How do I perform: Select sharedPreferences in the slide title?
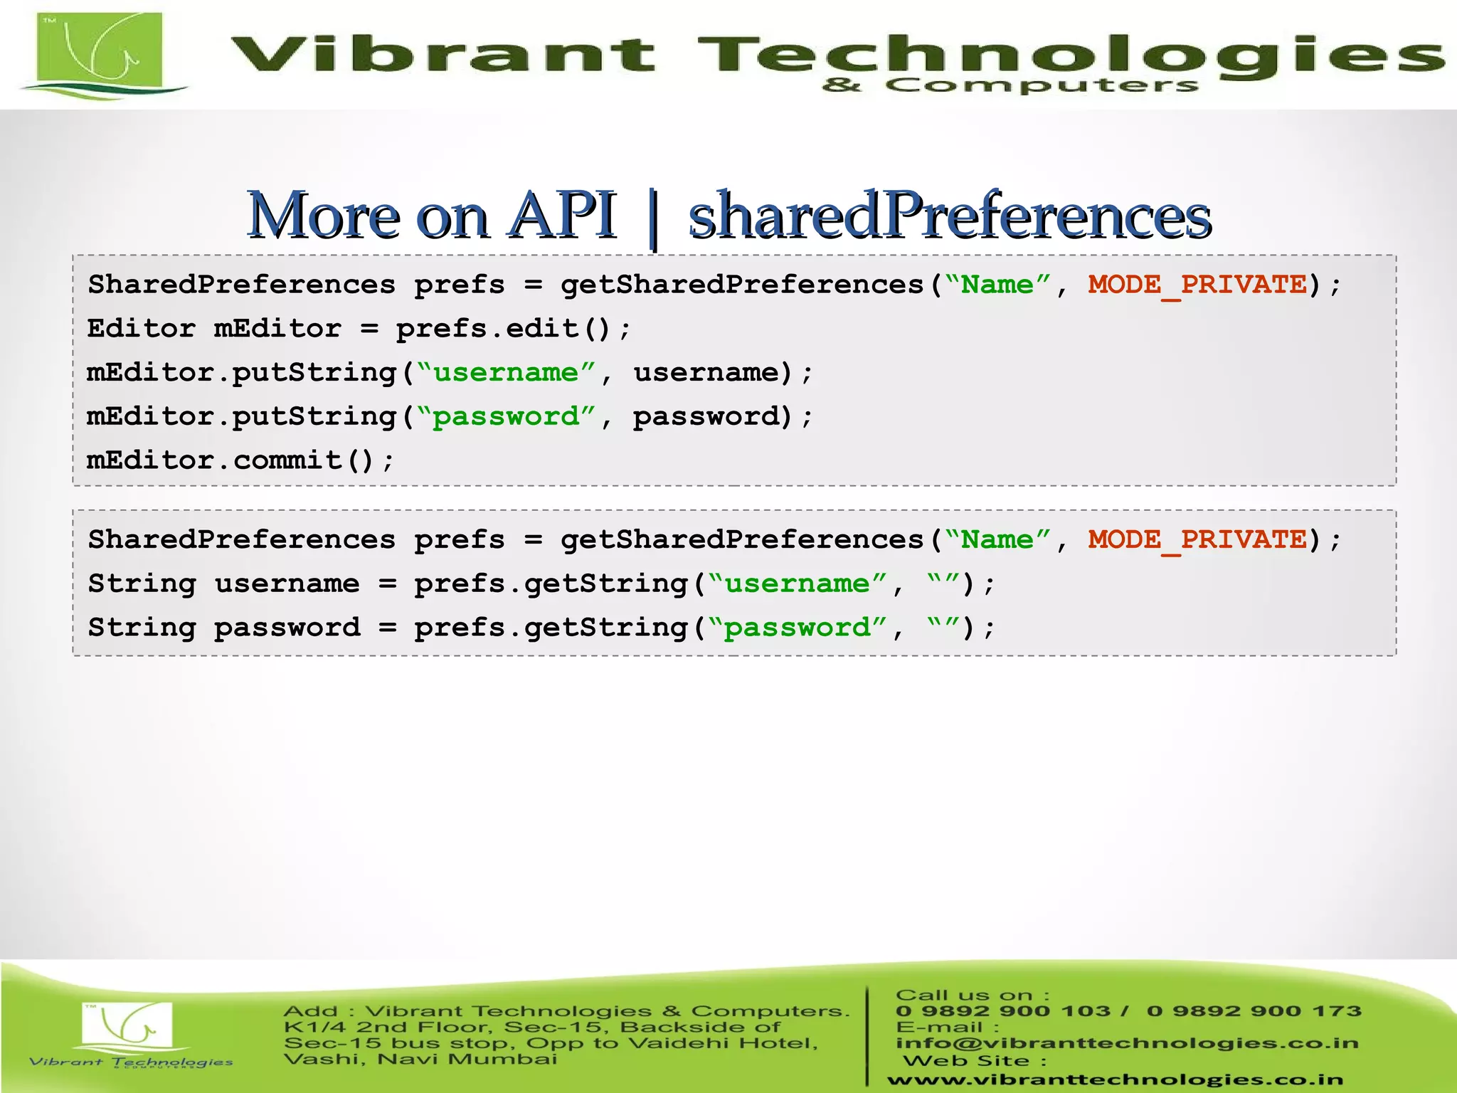point(950,216)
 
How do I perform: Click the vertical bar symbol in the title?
point(654,218)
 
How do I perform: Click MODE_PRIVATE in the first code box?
point(1197,285)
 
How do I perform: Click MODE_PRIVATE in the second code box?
point(1197,539)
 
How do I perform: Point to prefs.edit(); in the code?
point(513,329)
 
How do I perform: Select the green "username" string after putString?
point(506,372)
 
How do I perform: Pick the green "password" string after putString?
point(506,416)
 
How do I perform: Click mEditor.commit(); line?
point(240,460)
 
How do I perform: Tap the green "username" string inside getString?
point(797,584)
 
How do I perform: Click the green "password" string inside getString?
point(797,628)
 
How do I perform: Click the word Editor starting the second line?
point(141,329)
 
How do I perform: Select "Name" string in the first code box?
point(997,285)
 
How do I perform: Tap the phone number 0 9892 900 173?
point(1254,1011)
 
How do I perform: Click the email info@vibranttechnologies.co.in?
point(1127,1043)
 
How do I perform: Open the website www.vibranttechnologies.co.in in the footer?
point(1115,1079)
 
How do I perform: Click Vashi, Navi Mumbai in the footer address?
point(420,1060)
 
